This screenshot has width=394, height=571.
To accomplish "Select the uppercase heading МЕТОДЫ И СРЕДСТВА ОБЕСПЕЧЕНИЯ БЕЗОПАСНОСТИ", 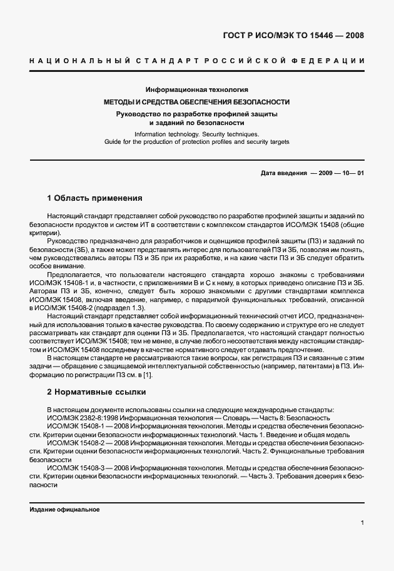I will (196, 101).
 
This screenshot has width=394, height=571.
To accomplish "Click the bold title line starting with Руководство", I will (196, 113).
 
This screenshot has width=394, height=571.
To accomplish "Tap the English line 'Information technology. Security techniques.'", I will (196, 134).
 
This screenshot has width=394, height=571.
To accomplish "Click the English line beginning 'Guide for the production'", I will (196, 142).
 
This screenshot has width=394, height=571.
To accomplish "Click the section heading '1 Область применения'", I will (94, 198).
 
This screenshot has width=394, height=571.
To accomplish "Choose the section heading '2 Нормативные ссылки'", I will (96, 392).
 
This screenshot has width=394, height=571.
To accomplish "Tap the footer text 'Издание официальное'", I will (65, 510).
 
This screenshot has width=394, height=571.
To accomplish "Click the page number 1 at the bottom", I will (362, 522).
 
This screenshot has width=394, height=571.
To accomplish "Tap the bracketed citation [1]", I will (147, 374).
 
